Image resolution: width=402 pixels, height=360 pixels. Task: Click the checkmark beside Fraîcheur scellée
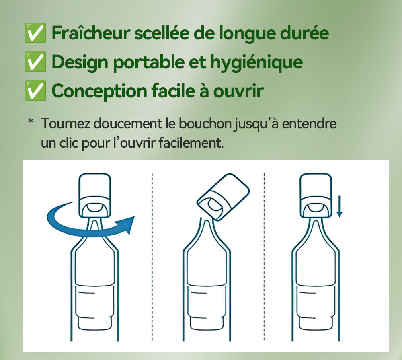(x=35, y=33)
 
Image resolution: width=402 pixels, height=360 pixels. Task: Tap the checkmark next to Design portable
(x=35, y=62)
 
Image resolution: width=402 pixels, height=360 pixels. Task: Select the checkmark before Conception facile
(x=35, y=91)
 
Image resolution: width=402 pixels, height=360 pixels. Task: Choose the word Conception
(x=99, y=91)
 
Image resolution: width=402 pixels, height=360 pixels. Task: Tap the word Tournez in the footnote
(x=65, y=123)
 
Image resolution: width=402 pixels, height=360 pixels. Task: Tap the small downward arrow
(x=339, y=206)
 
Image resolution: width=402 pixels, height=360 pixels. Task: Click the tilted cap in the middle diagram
(x=223, y=197)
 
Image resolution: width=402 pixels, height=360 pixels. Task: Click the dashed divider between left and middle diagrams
(x=152, y=257)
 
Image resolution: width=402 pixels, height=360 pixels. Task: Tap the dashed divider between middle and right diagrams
(x=264, y=257)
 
